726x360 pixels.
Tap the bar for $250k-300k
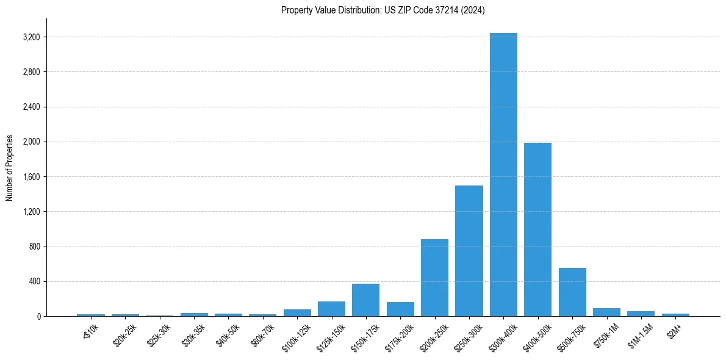pyautogui.click(x=469, y=251)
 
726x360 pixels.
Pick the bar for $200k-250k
pyautogui.click(x=434, y=278)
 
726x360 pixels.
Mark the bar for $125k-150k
pyautogui.click(x=331, y=309)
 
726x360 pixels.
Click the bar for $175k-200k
pyautogui.click(x=400, y=309)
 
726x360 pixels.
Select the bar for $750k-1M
pyautogui.click(x=606, y=312)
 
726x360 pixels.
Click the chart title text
pyautogui.click(x=383, y=10)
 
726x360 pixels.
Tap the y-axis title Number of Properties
pyautogui.click(x=10, y=168)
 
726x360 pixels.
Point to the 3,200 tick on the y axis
pyautogui.click(x=31, y=37)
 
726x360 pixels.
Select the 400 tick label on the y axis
pyautogui.click(x=34, y=281)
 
